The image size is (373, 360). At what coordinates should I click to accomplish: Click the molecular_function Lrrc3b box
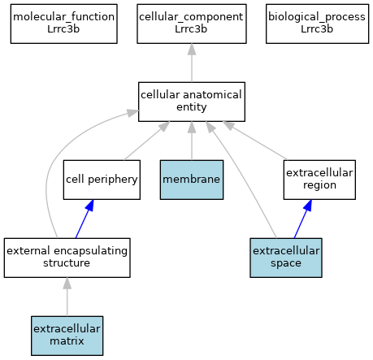[x=64, y=24]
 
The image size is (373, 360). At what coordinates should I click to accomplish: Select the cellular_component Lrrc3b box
[x=192, y=24]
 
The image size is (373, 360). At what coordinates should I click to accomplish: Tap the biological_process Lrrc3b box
[x=317, y=24]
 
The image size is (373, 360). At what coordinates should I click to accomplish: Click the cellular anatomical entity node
[x=192, y=102]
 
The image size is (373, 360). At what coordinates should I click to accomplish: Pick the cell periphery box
[x=102, y=180]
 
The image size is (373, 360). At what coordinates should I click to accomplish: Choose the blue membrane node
[x=192, y=180]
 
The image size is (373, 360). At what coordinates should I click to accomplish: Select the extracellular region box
[x=319, y=180]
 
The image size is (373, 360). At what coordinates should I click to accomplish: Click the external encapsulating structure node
[x=67, y=258]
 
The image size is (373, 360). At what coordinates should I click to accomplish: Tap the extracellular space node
[x=286, y=258]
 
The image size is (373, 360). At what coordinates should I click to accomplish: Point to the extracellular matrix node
[x=67, y=336]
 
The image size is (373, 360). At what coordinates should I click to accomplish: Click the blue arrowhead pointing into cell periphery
[x=89, y=206]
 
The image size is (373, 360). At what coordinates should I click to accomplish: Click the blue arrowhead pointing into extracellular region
[x=308, y=206]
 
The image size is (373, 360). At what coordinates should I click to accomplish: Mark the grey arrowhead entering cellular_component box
[x=192, y=50]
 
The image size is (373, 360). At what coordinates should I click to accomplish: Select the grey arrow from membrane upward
[x=192, y=141]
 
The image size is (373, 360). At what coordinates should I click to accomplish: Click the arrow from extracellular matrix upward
[x=67, y=297]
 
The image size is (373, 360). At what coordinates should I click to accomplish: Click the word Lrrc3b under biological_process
[x=317, y=29]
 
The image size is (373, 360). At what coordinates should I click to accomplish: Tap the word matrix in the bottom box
[x=67, y=341]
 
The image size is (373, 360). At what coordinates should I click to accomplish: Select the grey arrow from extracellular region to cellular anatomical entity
[x=254, y=141]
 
